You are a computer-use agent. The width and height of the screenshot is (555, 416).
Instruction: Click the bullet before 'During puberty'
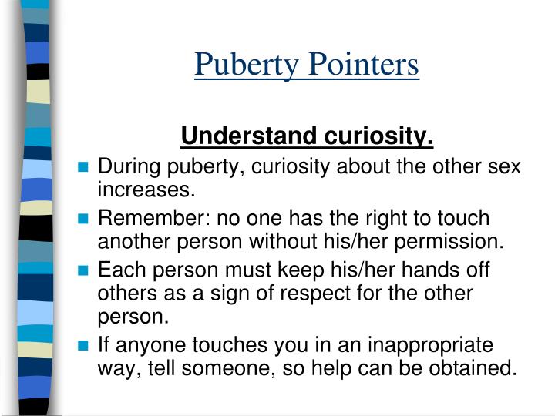coord(84,167)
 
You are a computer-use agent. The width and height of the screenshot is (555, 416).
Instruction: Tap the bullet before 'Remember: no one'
coord(84,220)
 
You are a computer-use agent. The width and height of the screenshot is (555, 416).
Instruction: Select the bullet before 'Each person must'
coord(84,271)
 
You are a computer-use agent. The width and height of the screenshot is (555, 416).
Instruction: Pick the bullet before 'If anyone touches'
coord(84,345)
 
